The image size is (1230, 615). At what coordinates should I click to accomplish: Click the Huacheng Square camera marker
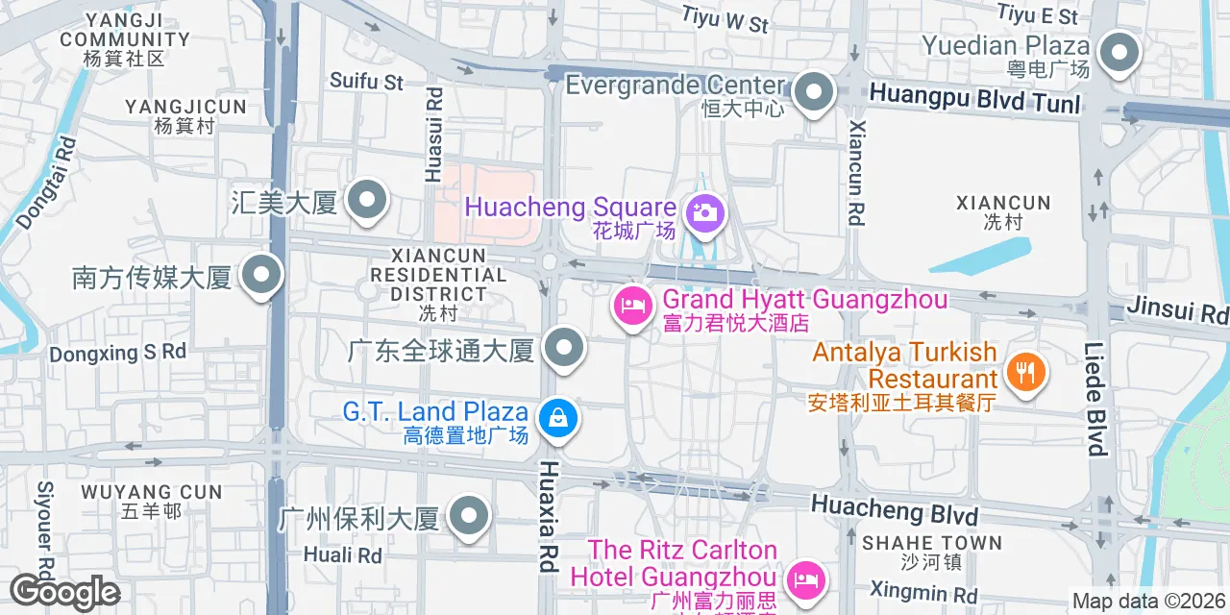pos(704,212)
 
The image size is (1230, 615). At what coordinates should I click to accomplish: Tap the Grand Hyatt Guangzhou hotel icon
pos(633,307)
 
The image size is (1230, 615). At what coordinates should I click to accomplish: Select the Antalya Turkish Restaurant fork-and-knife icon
pos(1025,370)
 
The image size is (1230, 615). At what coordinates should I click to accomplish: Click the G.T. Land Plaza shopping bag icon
pos(557,418)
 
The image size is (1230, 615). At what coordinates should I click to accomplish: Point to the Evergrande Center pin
pos(814,94)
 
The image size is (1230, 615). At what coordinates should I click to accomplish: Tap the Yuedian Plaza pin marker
pos(1118,53)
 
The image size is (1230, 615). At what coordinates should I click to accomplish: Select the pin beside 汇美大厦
pos(366,202)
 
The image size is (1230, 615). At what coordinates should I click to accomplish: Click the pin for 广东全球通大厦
pos(564,349)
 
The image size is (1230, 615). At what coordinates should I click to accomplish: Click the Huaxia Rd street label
pos(549,516)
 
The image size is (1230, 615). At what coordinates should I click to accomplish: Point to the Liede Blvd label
pos(1095,398)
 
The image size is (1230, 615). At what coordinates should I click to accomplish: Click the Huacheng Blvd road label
pos(894,509)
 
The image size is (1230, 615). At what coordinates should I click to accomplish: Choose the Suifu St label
pos(366,82)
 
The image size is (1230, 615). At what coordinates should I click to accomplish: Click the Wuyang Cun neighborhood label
pos(152,492)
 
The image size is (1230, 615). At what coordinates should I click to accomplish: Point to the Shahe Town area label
pos(931,543)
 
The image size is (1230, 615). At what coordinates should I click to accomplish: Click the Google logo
pos(63,593)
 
